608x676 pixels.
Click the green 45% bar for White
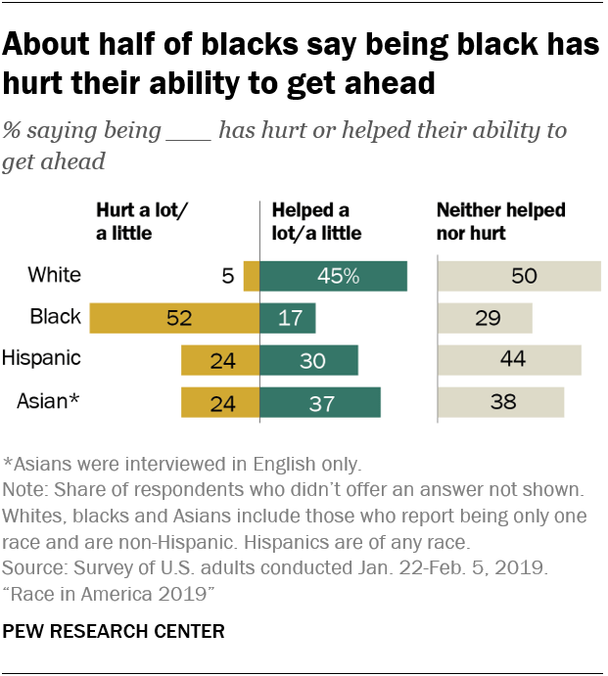pos(333,276)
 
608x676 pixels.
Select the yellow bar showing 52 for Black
pos(173,318)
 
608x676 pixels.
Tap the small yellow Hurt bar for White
pos(251,276)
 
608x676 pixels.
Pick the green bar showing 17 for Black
pos(288,318)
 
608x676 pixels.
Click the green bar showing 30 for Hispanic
pos(308,360)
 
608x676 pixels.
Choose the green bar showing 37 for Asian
pos(319,402)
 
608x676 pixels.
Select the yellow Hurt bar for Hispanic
pos(219,360)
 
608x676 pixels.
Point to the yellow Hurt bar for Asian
pos(219,402)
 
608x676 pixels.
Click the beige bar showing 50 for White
pos(518,276)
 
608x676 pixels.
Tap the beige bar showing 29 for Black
pos(484,318)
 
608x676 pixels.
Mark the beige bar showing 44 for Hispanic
pos(508,360)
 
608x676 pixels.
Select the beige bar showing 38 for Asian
pos(499,402)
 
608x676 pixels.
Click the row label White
pos(55,275)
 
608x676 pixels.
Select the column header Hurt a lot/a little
pos(143,222)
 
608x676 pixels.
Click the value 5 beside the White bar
pos(228,276)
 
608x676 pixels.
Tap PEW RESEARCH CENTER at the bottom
pos(115,632)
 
